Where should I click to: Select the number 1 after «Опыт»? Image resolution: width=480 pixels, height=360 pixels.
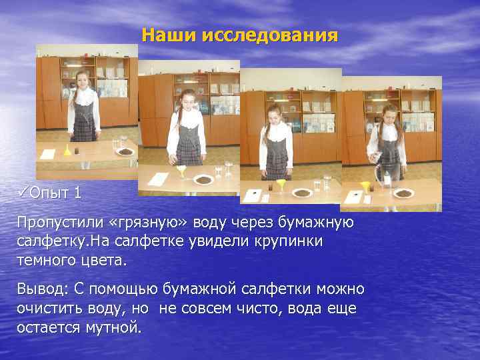(x=78, y=193)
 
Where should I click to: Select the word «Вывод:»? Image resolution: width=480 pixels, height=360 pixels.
(x=46, y=289)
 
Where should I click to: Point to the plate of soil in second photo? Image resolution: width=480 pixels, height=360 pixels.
(x=203, y=179)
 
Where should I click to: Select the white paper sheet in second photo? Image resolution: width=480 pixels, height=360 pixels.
(x=159, y=179)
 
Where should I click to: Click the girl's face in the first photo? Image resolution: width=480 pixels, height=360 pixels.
(x=83, y=78)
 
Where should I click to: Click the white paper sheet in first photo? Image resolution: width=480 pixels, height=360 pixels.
(x=47, y=153)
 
